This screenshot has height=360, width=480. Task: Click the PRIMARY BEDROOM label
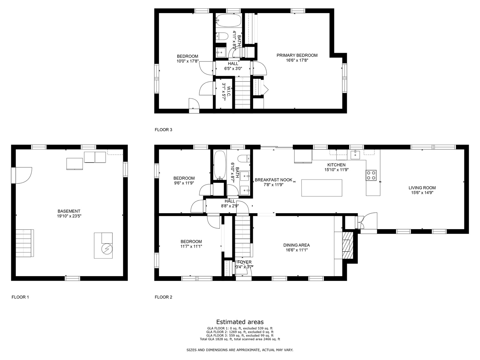pyautogui.click(x=297, y=55)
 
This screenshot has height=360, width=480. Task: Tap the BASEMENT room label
pyautogui.click(x=69, y=211)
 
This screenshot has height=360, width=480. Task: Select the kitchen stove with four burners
pyautogui.click(x=371, y=175)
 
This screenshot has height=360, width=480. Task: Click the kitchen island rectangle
pyautogui.click(x=322, y=188)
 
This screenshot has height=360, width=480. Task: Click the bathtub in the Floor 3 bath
pyautogui.click(x=228, y=21)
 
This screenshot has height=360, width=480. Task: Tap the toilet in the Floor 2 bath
pyautogui.click(x=244, y=158)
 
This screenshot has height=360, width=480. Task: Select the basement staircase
pyautogui.click(x=25, y=243)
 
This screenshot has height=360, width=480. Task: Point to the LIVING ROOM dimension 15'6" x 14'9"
pyautogui.click(x=422, y=193)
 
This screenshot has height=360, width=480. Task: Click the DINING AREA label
pyautogui.click(x=296, y=245)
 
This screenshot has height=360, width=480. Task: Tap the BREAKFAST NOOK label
pyautogui.click(x=273, y=180)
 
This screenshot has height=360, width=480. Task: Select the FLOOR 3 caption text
pyautogui.click(x=163, y=130)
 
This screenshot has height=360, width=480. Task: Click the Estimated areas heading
pyautogui.click(x=240, y=322)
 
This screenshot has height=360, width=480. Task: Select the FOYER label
pyautogui.click(x=244, y=262)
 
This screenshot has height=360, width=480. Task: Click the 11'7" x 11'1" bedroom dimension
pyautogui.click(x=191, y=246)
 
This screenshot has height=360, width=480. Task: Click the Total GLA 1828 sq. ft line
pyautogui.click(x=240, y=339)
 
